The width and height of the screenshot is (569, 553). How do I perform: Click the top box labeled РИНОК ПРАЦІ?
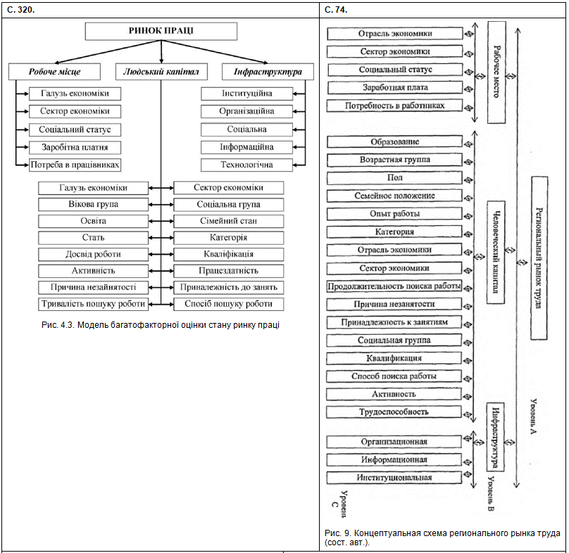point(161,31)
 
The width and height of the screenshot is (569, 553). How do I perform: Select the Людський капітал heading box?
point(161,72)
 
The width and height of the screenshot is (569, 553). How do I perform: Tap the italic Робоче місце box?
point(54,72)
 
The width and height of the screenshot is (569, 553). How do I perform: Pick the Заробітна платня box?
point(75,147)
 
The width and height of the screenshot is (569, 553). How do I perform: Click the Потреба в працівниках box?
point(75,165)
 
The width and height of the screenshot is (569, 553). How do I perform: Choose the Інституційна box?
point(246,94)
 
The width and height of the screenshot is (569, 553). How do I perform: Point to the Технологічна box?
point(246,165)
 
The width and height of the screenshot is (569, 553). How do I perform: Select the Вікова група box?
point(94,205)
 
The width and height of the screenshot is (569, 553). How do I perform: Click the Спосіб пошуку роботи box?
point(230,304)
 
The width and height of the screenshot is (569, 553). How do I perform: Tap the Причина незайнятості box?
point(94,287)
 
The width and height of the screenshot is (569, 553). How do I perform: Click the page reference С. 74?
point(337,9)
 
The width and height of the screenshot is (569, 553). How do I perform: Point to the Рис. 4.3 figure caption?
point(161,324)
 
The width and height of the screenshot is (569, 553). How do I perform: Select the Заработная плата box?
point(394,88)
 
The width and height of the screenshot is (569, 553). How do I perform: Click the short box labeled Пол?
point(394,178)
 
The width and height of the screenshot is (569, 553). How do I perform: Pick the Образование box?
point(394,141)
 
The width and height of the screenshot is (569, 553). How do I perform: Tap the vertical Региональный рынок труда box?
point(539,258)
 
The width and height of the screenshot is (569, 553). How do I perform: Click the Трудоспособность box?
point(394,412)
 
